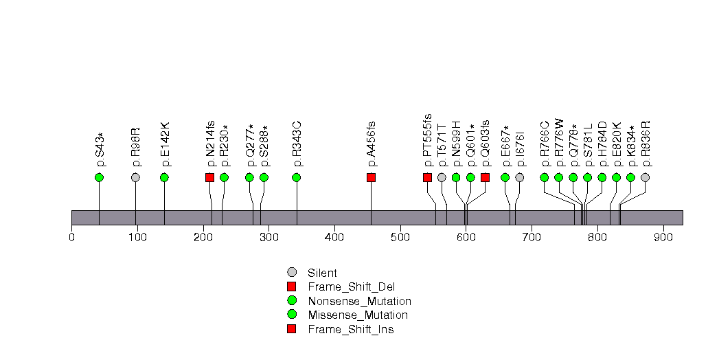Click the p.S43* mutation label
point(100,150)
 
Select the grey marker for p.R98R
point(135,177)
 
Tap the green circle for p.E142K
point(164,177)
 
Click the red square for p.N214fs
point(210,177)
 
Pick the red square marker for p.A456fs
point(372,177)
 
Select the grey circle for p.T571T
point(442,177)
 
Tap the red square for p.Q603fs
point(485,177)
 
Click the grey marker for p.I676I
point(520,177)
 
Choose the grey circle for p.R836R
point(645,177)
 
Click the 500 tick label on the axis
point(400,238)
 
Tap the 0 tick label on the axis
point(71,238)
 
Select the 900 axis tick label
point(663,238)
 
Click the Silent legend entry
point(323,273)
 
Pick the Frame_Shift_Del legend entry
point(351,286)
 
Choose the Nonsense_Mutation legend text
point(359,301)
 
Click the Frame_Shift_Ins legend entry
point(350,329)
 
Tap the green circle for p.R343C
point(297,177)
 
